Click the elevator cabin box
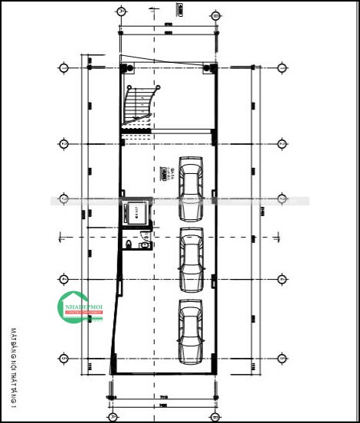(134, 211)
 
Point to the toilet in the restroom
(130, 244)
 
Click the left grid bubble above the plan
(121, 12)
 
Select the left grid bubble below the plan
(113, 417)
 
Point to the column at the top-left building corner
(124, 68)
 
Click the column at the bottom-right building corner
(214, 369)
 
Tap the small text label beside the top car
(163, 173)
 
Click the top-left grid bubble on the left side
(64, 67)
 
